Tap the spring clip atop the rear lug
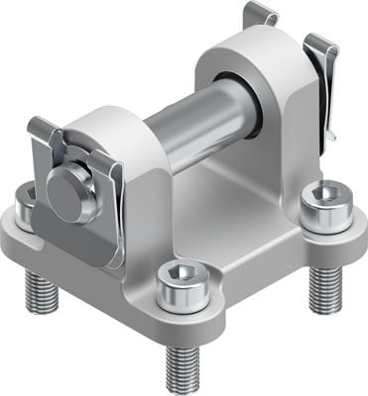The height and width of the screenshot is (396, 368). click(260, 15)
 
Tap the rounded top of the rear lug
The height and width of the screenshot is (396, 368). click(238, 45)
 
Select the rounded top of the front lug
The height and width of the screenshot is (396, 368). click(109, 124)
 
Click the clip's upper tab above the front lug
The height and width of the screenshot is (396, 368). click(45, 129)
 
